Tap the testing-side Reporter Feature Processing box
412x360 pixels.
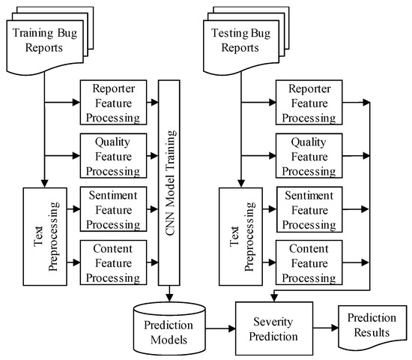pyautogui.click(x=311, y=100)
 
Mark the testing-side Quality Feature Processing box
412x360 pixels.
pyautogui.click(x=311, y=154)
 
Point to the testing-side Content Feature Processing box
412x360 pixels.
pyautogui.click(x=311, y=263)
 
